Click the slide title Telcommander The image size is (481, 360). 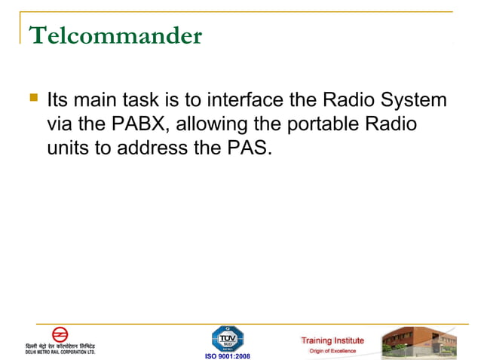(x=115, y=35)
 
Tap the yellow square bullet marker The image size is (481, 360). (x=32, y=98)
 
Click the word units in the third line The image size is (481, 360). (x=68, y=148)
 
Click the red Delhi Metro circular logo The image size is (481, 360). (x=60, y=334)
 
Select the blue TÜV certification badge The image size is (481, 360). (x=227, y=338)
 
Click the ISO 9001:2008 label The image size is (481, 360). (x=227, y=355)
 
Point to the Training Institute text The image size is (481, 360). (x=332, y=340)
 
